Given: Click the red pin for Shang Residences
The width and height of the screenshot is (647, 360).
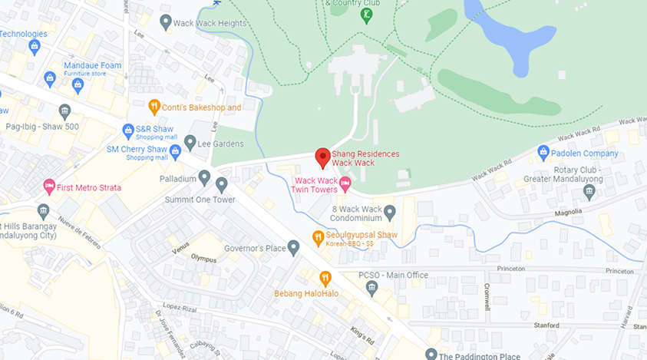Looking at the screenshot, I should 323,157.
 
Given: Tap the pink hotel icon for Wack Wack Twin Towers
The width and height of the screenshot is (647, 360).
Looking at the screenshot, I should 345,183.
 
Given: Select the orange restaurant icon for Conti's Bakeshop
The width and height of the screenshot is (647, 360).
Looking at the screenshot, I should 154,107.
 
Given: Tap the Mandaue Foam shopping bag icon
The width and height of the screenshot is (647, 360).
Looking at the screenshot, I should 50,78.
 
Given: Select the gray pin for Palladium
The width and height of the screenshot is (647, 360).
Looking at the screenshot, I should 204,178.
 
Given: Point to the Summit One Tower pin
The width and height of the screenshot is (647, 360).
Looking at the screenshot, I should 222,184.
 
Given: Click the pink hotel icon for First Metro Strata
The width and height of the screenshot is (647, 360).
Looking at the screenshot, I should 49,187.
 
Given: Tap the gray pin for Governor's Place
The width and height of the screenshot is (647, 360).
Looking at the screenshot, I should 293,248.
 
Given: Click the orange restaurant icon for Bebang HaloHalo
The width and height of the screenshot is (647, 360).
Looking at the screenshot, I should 325,278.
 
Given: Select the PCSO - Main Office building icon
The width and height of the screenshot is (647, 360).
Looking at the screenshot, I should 372,288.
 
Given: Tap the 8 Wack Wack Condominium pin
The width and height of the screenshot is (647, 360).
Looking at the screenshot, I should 389,212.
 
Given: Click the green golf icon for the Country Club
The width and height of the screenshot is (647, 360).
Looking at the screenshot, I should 366,15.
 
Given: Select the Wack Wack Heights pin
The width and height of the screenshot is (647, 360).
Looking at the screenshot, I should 165,23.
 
